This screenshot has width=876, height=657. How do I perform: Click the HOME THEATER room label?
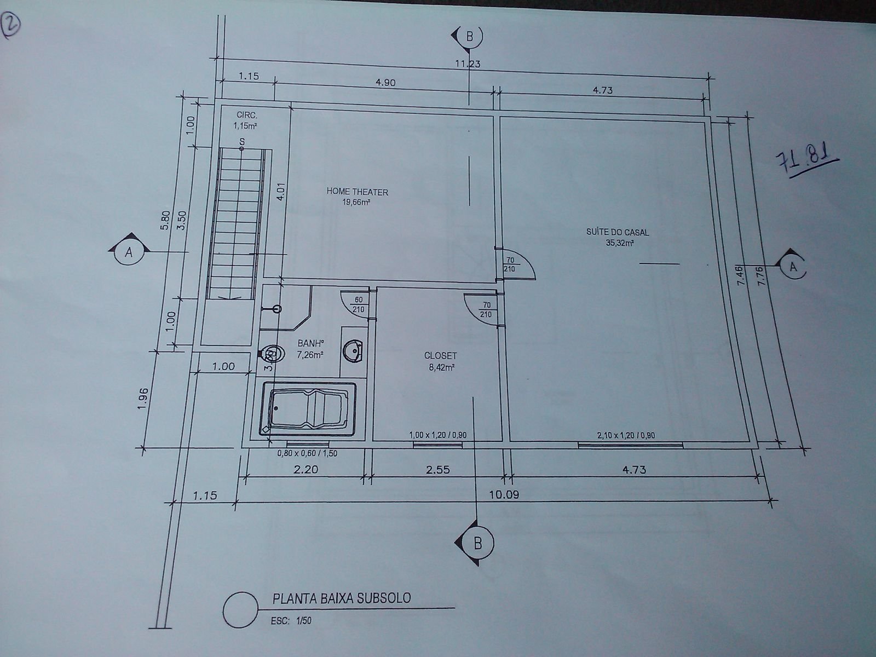[357, 192]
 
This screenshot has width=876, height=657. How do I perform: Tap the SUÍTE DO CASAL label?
[618, 232]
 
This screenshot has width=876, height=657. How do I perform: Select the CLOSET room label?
[441, 355]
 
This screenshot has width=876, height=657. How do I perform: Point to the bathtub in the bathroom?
[307, 408]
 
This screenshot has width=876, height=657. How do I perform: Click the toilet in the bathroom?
[273, 354]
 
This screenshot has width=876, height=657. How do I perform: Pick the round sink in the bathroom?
[353, 351]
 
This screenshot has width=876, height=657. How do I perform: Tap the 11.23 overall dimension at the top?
[468, 64]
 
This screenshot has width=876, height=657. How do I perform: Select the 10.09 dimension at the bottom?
[504, 494]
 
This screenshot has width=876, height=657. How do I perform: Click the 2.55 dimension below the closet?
[438, 470]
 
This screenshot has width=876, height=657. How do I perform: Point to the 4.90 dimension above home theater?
[385, 83]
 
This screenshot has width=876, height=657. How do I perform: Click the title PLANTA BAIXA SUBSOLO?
[342, 598]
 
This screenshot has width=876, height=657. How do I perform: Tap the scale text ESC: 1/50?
[291, 621]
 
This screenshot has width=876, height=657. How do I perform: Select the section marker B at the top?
[468, 36]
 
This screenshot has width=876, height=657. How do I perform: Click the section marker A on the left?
[129, 252]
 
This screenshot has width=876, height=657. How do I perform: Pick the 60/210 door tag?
[359, 304]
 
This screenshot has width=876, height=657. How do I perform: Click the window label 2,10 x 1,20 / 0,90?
[626, 436]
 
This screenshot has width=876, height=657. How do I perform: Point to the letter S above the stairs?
[242, 142]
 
